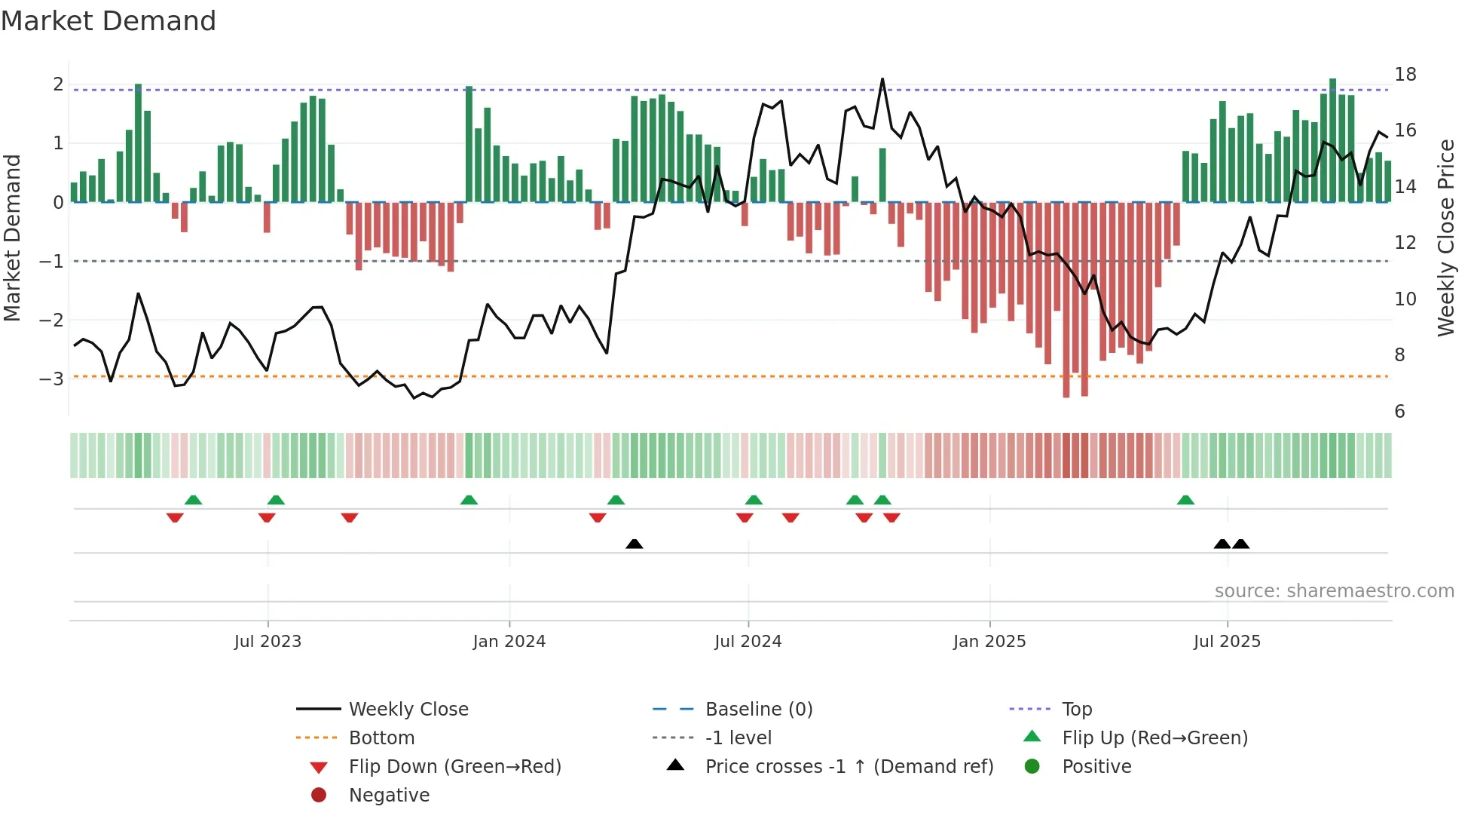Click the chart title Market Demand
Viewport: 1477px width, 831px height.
[x=109, y=21]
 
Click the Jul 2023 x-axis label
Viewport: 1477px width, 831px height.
[x=268, y=642]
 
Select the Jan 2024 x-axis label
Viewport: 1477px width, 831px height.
[x=509, y=642]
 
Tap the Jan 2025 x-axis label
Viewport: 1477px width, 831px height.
[x=989, y=642]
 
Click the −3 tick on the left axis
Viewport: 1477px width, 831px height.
[x=51, y=379]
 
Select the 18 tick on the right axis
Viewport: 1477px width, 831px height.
[x=1405, y=75]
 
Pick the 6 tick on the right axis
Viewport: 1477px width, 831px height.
[x=1399, y=412]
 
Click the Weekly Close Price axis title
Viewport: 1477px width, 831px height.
[x=1445, y=238]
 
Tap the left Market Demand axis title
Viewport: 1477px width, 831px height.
[x=12, y=238]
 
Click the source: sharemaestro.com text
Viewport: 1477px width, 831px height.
[x=1334, y=591]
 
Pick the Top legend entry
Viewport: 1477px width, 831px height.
[x=1076, y=710]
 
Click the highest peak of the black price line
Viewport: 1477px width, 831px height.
[x=882, y=79]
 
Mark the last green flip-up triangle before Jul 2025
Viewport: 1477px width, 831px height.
[x=1185, y=500]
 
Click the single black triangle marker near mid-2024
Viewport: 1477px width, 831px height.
[x=635, y=544]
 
